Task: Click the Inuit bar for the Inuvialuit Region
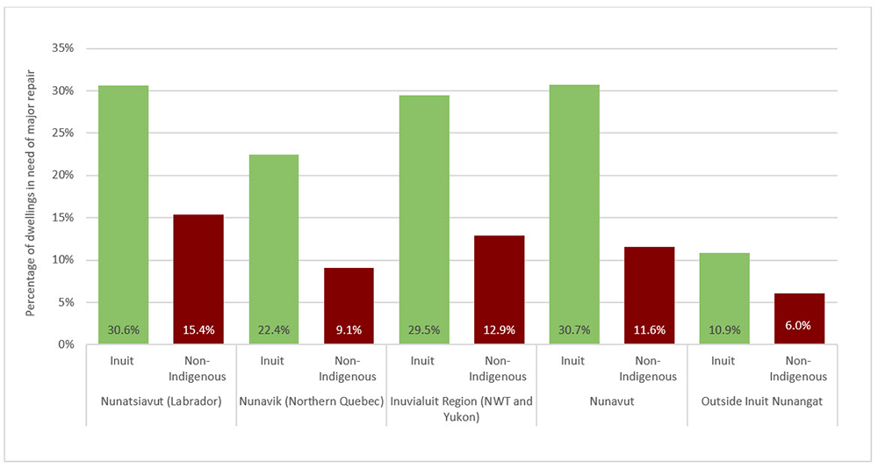pos(424,220)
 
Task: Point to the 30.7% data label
pos(573,331)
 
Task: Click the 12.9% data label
pos(499,331)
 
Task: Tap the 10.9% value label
pos(723,331)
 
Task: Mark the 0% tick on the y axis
pos(64,344)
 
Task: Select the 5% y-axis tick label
pos(64,302)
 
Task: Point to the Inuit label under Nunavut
pos(573,360)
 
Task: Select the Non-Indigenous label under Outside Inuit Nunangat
pos(798,368)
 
